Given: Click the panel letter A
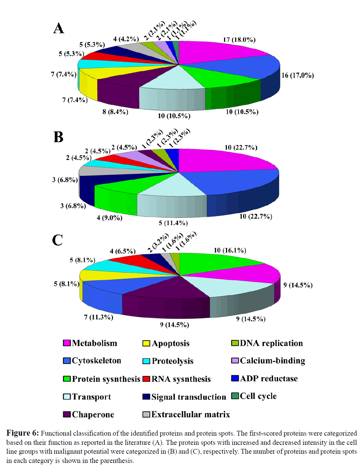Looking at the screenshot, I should coord(59,28).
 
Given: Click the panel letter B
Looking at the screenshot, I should coord(58,137).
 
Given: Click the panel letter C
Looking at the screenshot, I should coord(57,240).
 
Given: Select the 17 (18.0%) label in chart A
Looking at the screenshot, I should coord(239,40).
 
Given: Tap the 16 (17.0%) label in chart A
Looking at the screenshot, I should coord(297,75).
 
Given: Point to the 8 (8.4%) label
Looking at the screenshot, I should coord(115,112).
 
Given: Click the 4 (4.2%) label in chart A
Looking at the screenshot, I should coord(126,39).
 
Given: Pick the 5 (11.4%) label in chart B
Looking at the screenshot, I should coord(173,223).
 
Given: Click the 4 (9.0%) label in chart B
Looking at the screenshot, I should coord(109,218).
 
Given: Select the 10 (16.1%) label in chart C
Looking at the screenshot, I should coord(230,251).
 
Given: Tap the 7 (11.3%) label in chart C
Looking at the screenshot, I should coord(98,317).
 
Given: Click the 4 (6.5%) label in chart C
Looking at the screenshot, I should coord(122,252).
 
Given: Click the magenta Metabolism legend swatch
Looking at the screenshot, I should coord(67,343).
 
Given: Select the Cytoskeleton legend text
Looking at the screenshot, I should coord(96,361).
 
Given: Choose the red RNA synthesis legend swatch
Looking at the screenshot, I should coord(146,379).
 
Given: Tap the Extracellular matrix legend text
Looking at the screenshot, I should coord(191,414).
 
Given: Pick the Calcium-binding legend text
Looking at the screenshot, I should coord(272,361).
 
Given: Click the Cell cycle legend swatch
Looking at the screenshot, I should coord(235,396).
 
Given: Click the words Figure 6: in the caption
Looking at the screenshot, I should coord(23,433).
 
